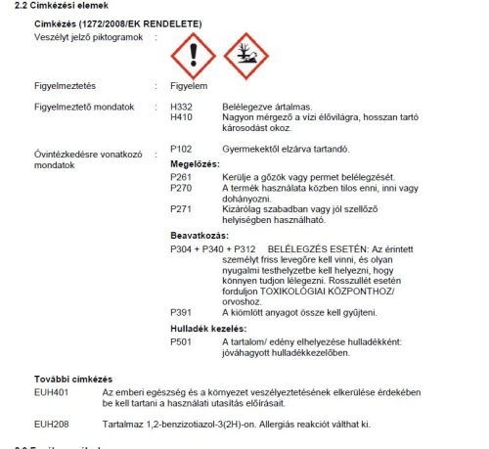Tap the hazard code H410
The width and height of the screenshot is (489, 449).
[181, 115]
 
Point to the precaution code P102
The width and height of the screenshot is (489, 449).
[181, 148]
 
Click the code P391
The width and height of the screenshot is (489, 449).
[181, 311]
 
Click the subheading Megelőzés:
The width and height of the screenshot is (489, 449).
[195, 162]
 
